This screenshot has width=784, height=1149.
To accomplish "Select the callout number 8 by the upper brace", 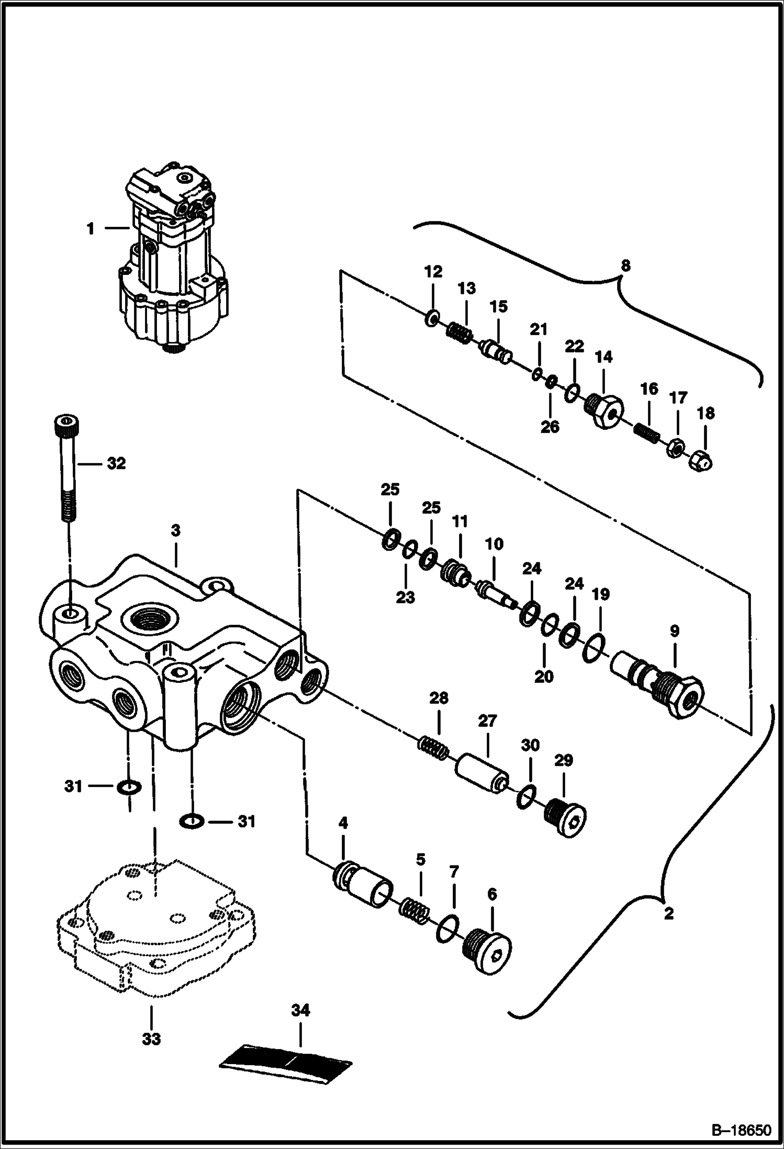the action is pyautogui.click(x=625, y=266).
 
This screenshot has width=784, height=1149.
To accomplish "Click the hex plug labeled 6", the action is pyautogui.click(x=487, y=949).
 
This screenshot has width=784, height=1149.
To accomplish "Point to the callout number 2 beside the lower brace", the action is pyautogui.click(x=668, y=914).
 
